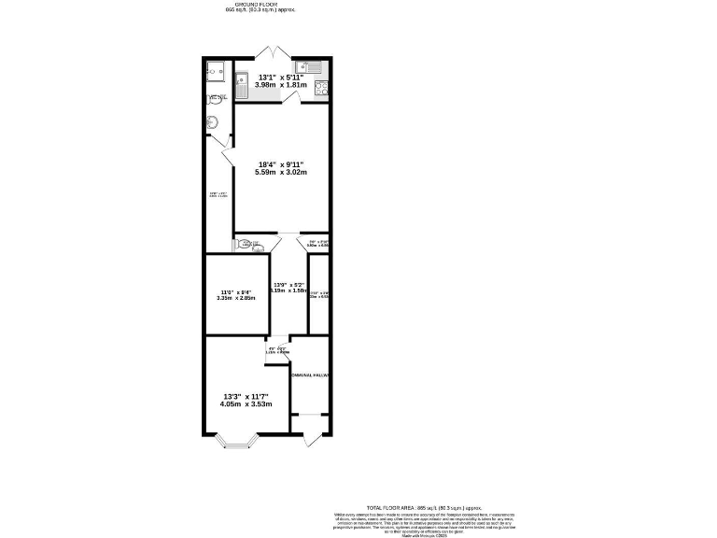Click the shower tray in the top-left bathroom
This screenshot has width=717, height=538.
coord(217,69)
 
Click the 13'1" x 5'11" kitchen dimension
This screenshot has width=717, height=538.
coord(281,77)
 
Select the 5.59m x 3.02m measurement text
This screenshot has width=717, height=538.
coord(281,172)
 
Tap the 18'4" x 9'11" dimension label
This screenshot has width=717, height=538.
coord(281,163)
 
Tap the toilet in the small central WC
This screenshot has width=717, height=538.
coord(247,245)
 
